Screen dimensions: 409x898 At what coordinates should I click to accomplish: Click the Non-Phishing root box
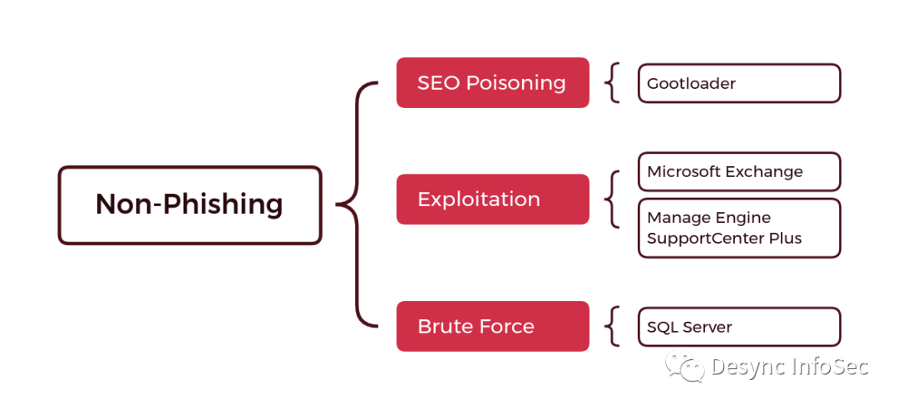pyautogui.click(x=190, y=205)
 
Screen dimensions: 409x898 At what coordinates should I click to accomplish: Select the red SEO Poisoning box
pyautogui.click(x=492, y=82)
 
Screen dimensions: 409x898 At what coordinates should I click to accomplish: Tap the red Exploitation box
pyautogui.click(x=492, y=200)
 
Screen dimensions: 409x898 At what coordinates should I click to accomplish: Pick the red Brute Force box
pyautogui.click(x=492, y=326)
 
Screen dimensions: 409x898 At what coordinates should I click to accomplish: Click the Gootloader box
pyautogui.click(x=738, y=83)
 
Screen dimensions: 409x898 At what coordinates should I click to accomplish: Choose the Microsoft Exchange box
pyautogui.click(x=738, y=172)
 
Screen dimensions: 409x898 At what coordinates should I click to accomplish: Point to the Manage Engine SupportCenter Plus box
pyautogui.click(x=738, y=228)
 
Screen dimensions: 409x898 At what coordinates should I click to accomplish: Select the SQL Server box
pyautogui.click(x=738, y=327)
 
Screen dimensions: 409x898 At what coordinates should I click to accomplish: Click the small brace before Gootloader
pyautogui.click(x=613, y=83)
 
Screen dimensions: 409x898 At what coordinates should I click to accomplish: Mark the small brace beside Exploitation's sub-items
pyautogui.click(x=613, y=200)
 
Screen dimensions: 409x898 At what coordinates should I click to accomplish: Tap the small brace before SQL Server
pyautogui.click(x=613, y=326)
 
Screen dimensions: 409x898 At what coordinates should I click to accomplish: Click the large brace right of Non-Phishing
pyautogui.click(x=356, y=204)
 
